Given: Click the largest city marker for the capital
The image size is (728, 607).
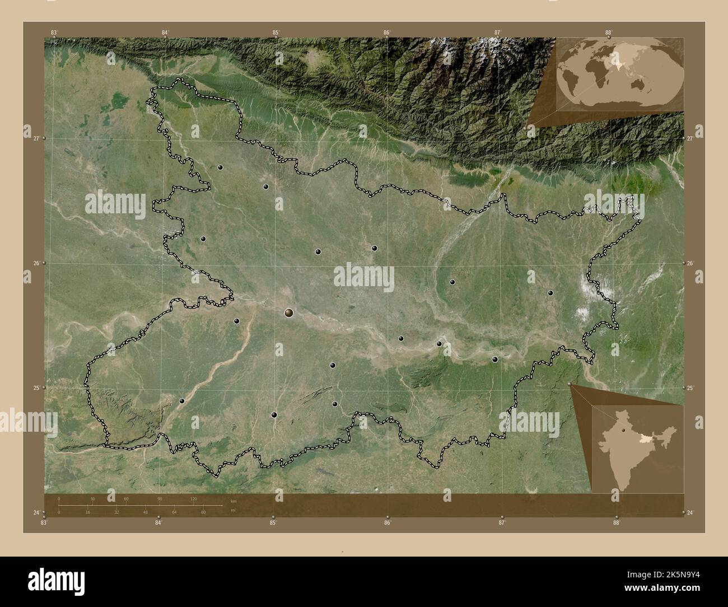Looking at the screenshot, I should [289, 312].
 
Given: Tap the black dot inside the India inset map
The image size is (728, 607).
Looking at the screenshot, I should [622, 431].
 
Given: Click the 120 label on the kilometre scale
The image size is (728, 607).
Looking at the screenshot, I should [193, 498].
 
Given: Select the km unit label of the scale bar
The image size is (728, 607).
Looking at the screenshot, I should [233, 501].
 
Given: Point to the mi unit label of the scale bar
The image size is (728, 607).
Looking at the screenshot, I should [233, 511].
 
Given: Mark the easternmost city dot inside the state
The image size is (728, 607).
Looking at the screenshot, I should [550, 293].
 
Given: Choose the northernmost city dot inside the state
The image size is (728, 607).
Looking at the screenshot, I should [221, 167].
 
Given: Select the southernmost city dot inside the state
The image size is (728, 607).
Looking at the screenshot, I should [274, 415].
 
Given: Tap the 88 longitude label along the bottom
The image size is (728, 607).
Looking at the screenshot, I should [617, 523].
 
